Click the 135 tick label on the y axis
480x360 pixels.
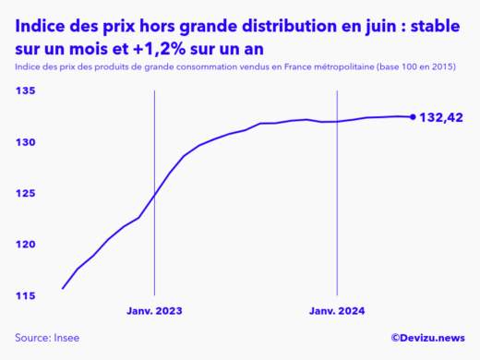pos(25,91)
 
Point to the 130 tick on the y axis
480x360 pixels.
pos(25,142)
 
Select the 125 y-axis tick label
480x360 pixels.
pos(25,193)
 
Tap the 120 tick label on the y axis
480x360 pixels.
pos(25,244)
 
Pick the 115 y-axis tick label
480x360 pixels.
pos(25,295)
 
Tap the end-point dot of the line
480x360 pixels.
pos(412,116)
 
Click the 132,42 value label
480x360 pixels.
pos(441,117)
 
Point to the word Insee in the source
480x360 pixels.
pos(67,338)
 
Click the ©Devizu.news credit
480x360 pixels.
pos(427,339)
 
